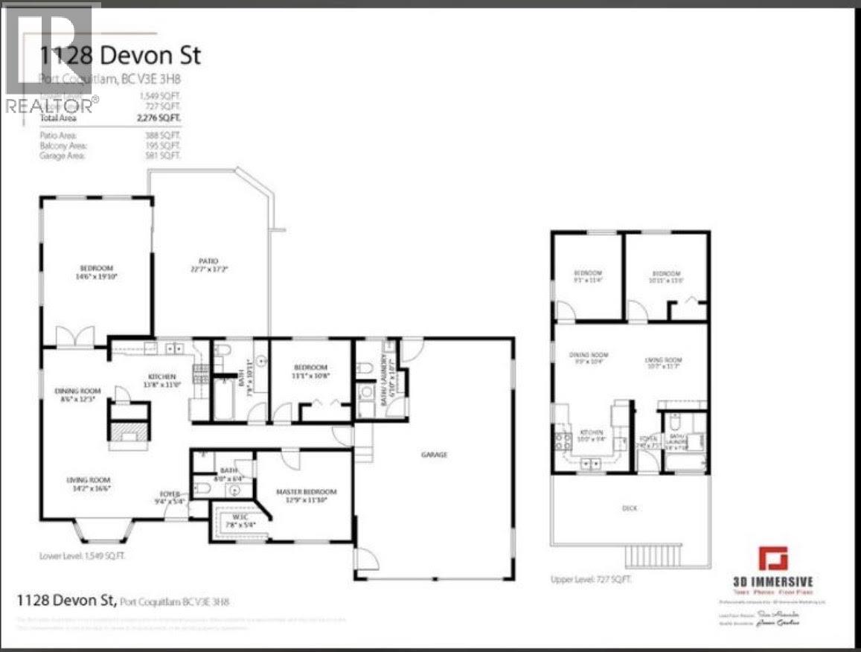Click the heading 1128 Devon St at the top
click(x=119, y=55)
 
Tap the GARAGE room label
click(x=435, y=455)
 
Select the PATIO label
click(x=208, y=261)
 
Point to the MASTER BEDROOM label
click(x=306, y=492)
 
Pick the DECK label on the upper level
click(x=630, y=508)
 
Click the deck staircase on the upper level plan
click(x=644, y=555)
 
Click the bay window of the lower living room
click(x=104, y=530)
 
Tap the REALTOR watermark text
click(x=51, y=106)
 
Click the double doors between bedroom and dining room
click(x=77, y=338)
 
